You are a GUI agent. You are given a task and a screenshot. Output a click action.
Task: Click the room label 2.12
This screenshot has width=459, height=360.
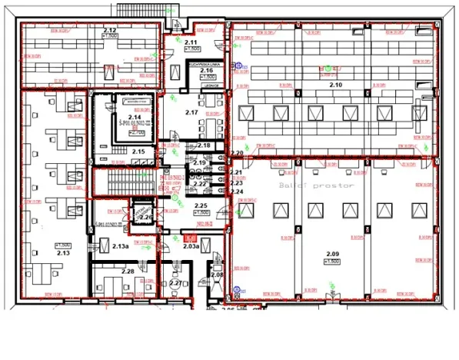109,29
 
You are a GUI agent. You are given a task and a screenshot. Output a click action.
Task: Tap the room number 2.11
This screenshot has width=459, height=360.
191,42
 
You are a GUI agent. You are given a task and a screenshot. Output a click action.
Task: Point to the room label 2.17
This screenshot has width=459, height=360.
191,113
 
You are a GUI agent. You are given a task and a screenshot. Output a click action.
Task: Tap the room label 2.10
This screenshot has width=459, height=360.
335,85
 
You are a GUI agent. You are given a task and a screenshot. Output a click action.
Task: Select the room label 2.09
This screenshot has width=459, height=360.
332,254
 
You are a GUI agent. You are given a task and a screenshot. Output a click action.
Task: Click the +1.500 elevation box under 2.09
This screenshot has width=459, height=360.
332,262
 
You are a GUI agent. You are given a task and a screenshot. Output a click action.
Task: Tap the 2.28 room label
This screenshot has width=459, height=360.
128,271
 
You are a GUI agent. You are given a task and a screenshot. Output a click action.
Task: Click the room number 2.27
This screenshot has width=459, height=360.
176,284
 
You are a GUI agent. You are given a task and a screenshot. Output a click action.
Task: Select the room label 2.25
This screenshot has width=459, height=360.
201,205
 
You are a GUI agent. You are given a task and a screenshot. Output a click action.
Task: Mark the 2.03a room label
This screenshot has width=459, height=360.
191,246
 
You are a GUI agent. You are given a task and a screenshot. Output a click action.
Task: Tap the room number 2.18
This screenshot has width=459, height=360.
204,145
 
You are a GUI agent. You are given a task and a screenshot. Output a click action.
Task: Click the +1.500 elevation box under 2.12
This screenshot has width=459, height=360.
109,36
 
